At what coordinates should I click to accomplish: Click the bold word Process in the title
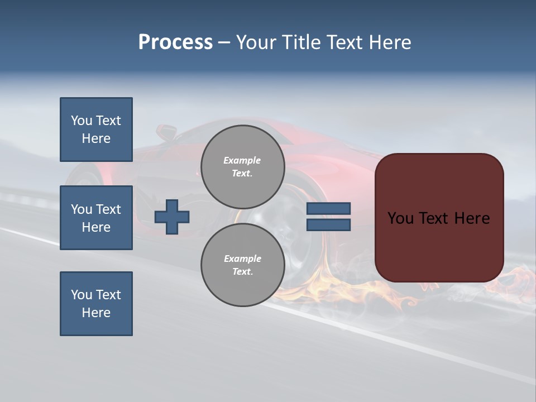click(x=175, y=42)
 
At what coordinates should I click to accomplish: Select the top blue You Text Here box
click(x=96, y=130)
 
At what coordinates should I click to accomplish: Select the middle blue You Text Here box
click(x=96, y=218)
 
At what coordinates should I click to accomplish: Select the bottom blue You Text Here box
click(x=96, y=304)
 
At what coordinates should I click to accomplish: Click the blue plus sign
click(x=172, y=217)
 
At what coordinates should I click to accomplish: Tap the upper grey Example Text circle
click(x=242, y=167)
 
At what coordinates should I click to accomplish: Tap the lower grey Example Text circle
click(x=242, y=265)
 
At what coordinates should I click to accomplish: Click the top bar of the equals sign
click(x=328, y=209)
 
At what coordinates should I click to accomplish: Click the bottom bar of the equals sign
click(x=328, y=224)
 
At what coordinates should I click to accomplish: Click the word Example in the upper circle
click(x=242, y=160)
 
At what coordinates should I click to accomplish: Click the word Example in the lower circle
click(x=242, y=259)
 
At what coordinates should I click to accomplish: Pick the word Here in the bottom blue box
click(x=96, y=313)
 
